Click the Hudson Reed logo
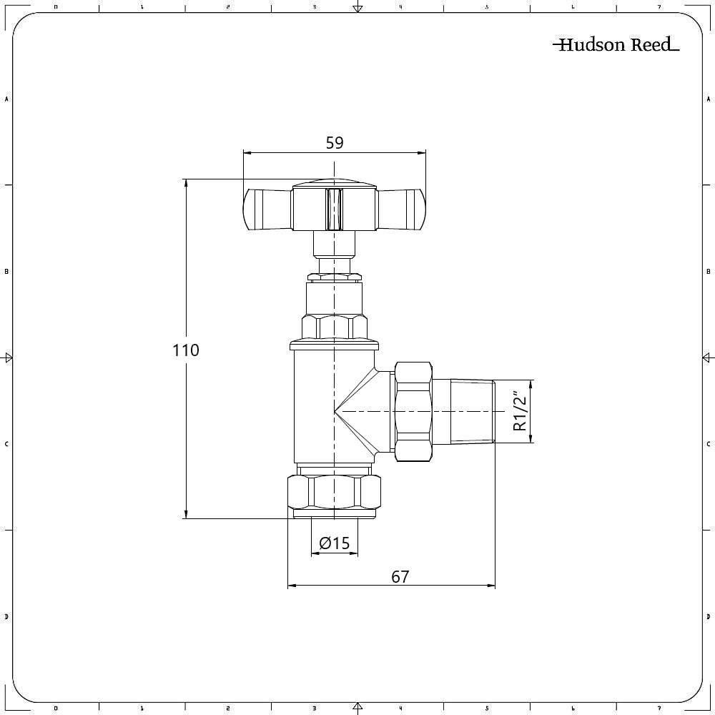615,45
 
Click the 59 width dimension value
335,143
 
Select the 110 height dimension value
185,350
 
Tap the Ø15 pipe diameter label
335,543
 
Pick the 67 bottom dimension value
400,576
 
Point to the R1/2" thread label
521,411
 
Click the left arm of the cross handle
266,209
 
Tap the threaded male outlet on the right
472,411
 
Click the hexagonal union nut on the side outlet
413,411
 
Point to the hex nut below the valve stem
335,327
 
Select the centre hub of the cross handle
334,207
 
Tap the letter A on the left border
6,99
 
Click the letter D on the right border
708,616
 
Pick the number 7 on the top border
659,6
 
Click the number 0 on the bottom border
56,709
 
